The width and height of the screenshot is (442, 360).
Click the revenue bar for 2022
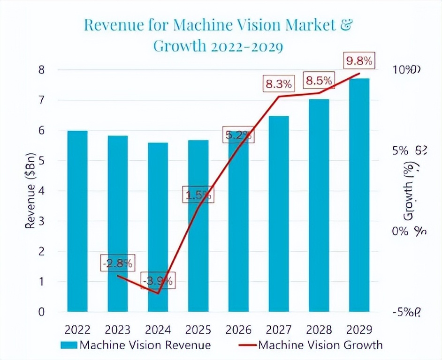[x=77, y=221]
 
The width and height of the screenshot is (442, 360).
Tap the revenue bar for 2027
[x=278, y=214]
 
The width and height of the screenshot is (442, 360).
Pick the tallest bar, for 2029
[x=359, y=195]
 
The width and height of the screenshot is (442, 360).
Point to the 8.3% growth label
[x=279, y=84]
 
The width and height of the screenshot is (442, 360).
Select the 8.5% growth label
[x=319, y=81]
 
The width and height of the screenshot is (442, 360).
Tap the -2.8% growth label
[x=117, y=263]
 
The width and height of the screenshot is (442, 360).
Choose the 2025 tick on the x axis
[x=198, y=329]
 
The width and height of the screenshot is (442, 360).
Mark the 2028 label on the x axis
[x=319, y=329]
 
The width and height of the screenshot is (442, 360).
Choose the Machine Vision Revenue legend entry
[x=136, y=345]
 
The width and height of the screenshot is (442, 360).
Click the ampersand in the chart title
[x=344, y=26]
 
